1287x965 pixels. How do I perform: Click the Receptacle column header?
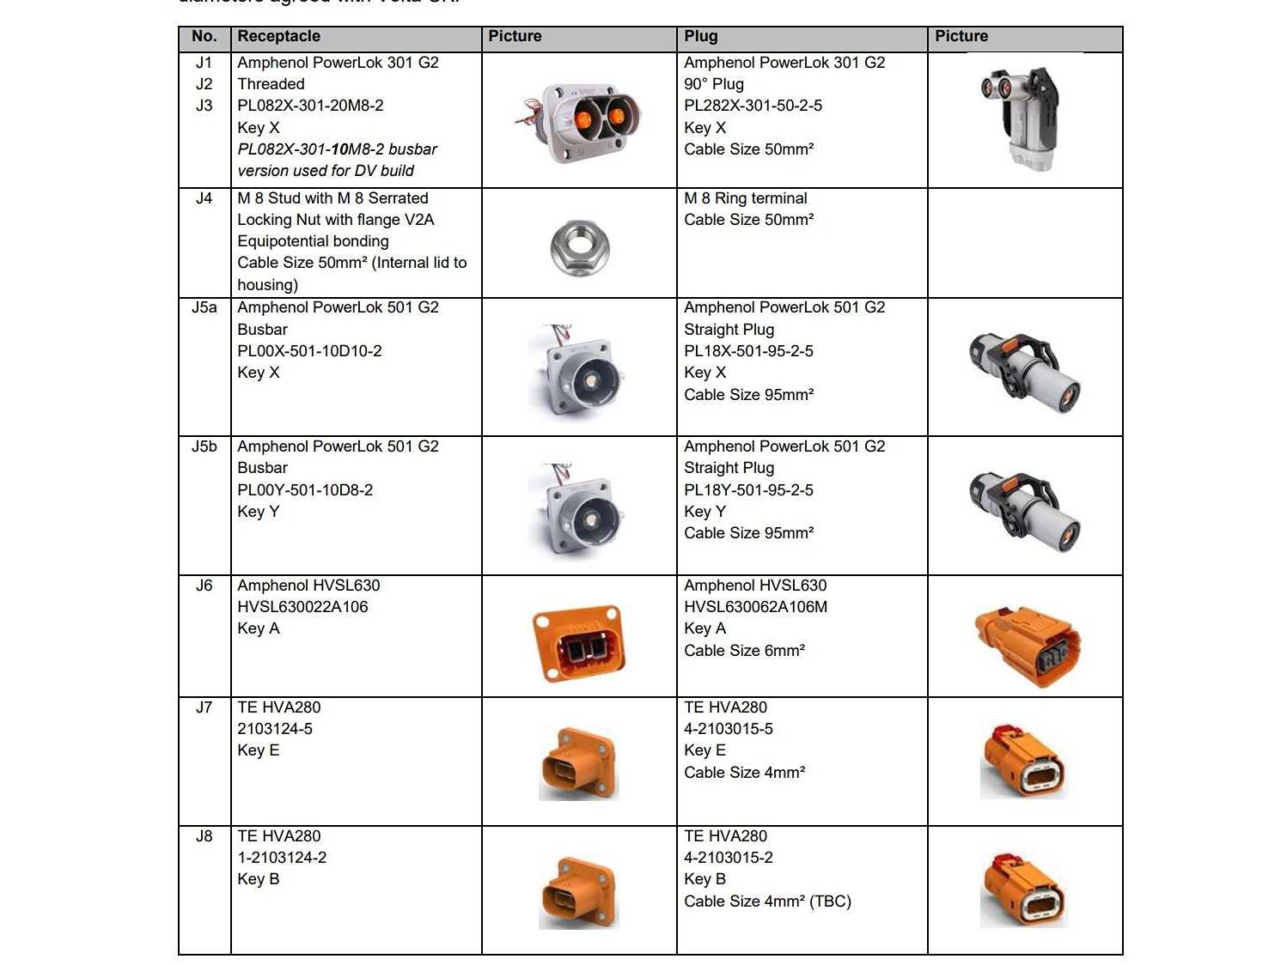click(x=279, y=37)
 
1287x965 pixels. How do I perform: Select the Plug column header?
click(x=701, y=37)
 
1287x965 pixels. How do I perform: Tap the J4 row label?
click(x=204, y=198)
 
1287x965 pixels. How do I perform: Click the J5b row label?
click(x=204, y=446)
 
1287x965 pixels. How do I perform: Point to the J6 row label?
click(x=204, y=586)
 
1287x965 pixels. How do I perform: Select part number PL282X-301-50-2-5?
click(x=753, y=106)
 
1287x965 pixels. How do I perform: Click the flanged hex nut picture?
click(x=579, y=247)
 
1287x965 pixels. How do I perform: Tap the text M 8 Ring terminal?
click(x=746, y=198)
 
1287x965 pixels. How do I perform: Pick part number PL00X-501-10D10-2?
click(x=309, y=351)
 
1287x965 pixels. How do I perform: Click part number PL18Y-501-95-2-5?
click(x=748, y=490)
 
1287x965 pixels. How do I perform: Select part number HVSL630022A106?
click(x=302, y=607)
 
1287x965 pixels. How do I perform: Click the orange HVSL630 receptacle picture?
click(x=579, y=643)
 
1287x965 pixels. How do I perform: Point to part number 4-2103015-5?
click(x=729, y=729)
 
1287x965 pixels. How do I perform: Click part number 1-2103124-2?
click(x=282, y=858)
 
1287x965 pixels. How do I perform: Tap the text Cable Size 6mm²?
click(x=744, y=651)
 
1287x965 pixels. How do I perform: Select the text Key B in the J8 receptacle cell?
click(x=259, y=879)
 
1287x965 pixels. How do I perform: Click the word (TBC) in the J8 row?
click(x=830, y=901)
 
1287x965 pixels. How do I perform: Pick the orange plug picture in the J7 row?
click(x=1023, y=761)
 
